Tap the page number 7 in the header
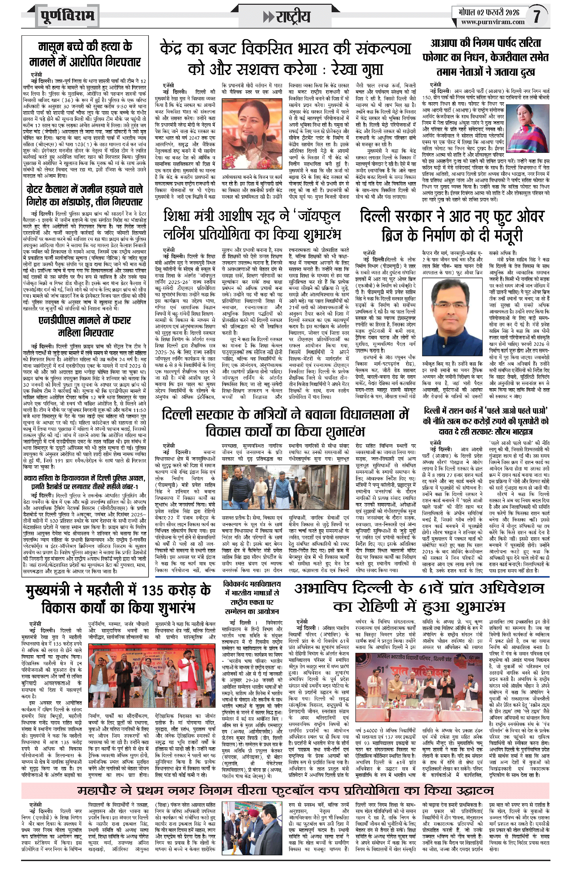pos(537,16)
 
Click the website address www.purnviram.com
pos(492,22)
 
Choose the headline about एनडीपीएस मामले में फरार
pos(85,326)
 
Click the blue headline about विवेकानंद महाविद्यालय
pos(251,597)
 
